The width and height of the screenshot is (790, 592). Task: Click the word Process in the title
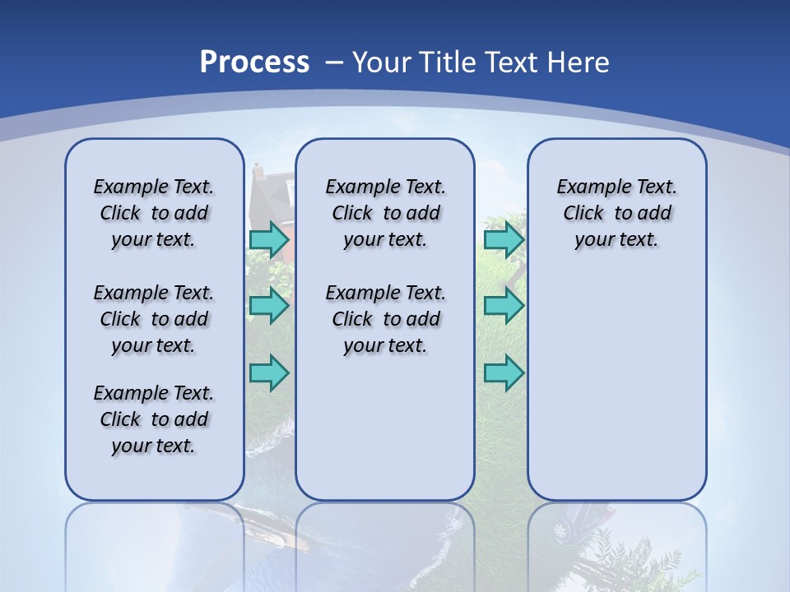click(x=254, y=62)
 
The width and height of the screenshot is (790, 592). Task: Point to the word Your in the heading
click(x=383, y=62)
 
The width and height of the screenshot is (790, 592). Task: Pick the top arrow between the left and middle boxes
click(x=269, y=239)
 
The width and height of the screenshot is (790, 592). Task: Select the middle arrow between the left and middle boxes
click(x=269, y=306)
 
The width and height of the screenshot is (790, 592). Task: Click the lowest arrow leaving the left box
click(x=269, y=372)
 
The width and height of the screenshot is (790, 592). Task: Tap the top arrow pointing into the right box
click(x=504, y=239)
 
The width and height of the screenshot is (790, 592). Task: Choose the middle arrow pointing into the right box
click(x=504, y=306)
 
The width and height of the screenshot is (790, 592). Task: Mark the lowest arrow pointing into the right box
click(x=504, y=372)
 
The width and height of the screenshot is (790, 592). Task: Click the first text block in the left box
click(x=154, y=213)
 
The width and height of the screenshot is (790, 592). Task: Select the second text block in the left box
click(x=154, y=319)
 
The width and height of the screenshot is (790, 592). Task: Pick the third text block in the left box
click(x=154, y=419)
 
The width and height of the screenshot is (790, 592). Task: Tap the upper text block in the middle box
click(x=385, y=213)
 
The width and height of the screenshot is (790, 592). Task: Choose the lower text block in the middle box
click(x=385, y=319)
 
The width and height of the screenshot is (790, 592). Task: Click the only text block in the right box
click(x=616, y=213)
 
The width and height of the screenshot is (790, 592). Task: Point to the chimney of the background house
click(x=258, y=170)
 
